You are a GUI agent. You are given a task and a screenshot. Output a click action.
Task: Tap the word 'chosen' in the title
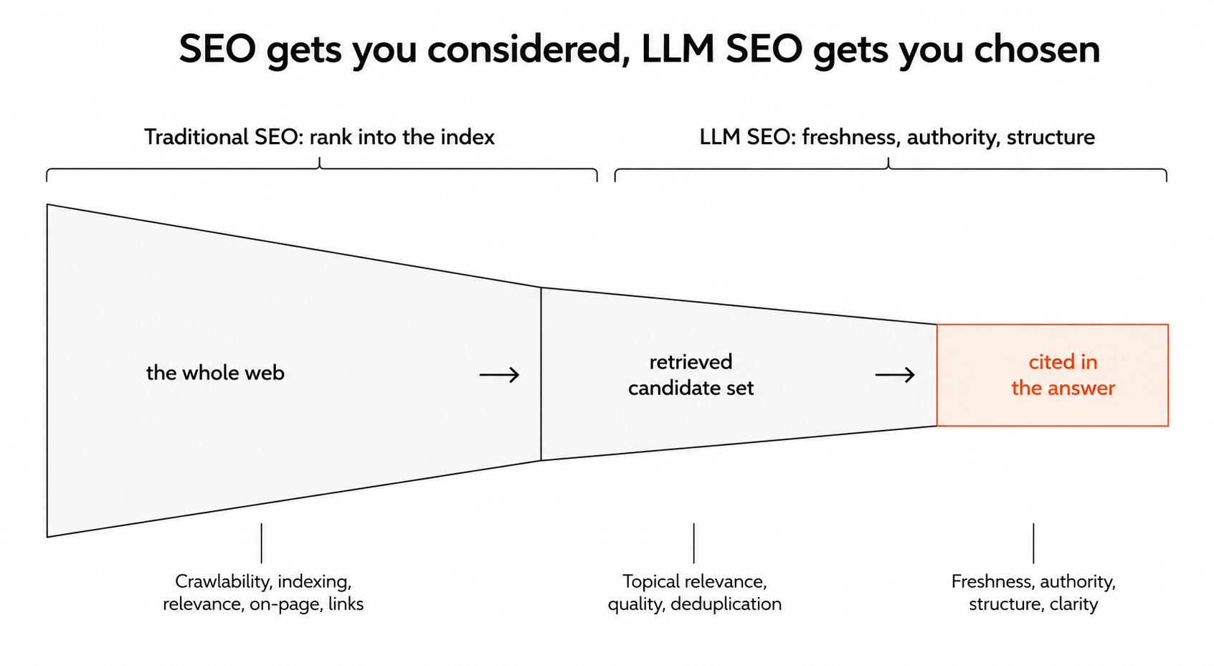[x=1037, y=49]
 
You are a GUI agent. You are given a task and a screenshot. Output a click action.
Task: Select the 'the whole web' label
[x=215, y=373]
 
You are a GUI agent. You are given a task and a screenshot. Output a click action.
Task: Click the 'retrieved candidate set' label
[x=691, y=374]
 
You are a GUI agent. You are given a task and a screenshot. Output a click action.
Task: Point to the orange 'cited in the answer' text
[x=1063, y=374]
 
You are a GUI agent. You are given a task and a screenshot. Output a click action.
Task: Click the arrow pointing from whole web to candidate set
[x=499, y=374]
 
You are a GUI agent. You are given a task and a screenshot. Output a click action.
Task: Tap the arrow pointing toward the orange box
[x=895, y=374]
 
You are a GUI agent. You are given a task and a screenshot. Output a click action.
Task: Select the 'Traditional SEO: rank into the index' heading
[x=319, y=137]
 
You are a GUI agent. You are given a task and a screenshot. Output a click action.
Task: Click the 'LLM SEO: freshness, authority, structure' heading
[x=897, y=137]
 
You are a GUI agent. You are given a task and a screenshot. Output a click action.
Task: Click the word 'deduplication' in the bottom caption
[x=726, y=604]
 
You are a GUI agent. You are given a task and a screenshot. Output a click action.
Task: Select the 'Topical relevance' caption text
[x=694, y=581]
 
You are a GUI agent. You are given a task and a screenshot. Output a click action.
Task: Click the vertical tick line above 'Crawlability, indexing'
[x=261, y=543]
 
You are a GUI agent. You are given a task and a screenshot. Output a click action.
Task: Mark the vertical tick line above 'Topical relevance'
[x=693, y=543]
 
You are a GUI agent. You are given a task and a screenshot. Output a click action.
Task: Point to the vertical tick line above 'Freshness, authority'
[x=1033, y=543]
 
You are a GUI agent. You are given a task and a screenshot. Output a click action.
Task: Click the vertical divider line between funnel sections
[x=541, y=374]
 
